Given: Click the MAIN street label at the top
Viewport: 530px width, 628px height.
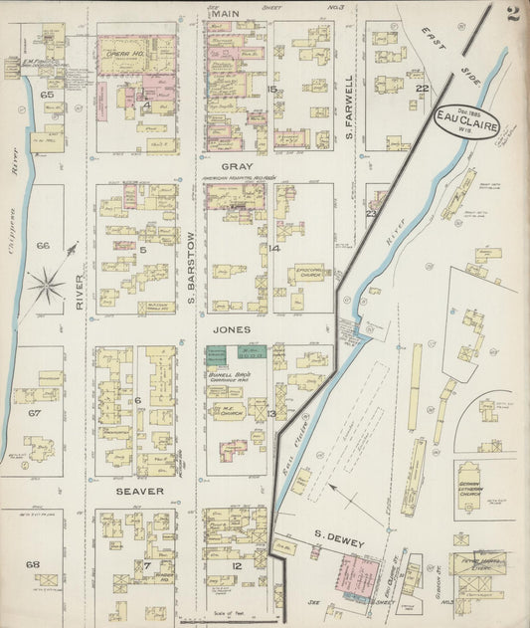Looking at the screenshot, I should point(227,12).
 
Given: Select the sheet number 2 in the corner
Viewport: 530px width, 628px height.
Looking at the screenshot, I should point(512,14).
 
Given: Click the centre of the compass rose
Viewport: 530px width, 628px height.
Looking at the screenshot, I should point(46,287).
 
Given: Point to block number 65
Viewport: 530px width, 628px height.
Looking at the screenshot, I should point(46,94).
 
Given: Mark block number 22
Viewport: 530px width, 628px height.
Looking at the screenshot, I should point(421,89).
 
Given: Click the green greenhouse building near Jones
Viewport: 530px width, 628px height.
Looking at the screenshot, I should point(216,353).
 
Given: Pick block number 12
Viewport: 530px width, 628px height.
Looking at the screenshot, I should point(237,565).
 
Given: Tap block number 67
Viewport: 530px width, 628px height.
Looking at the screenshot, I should point(34,411).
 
